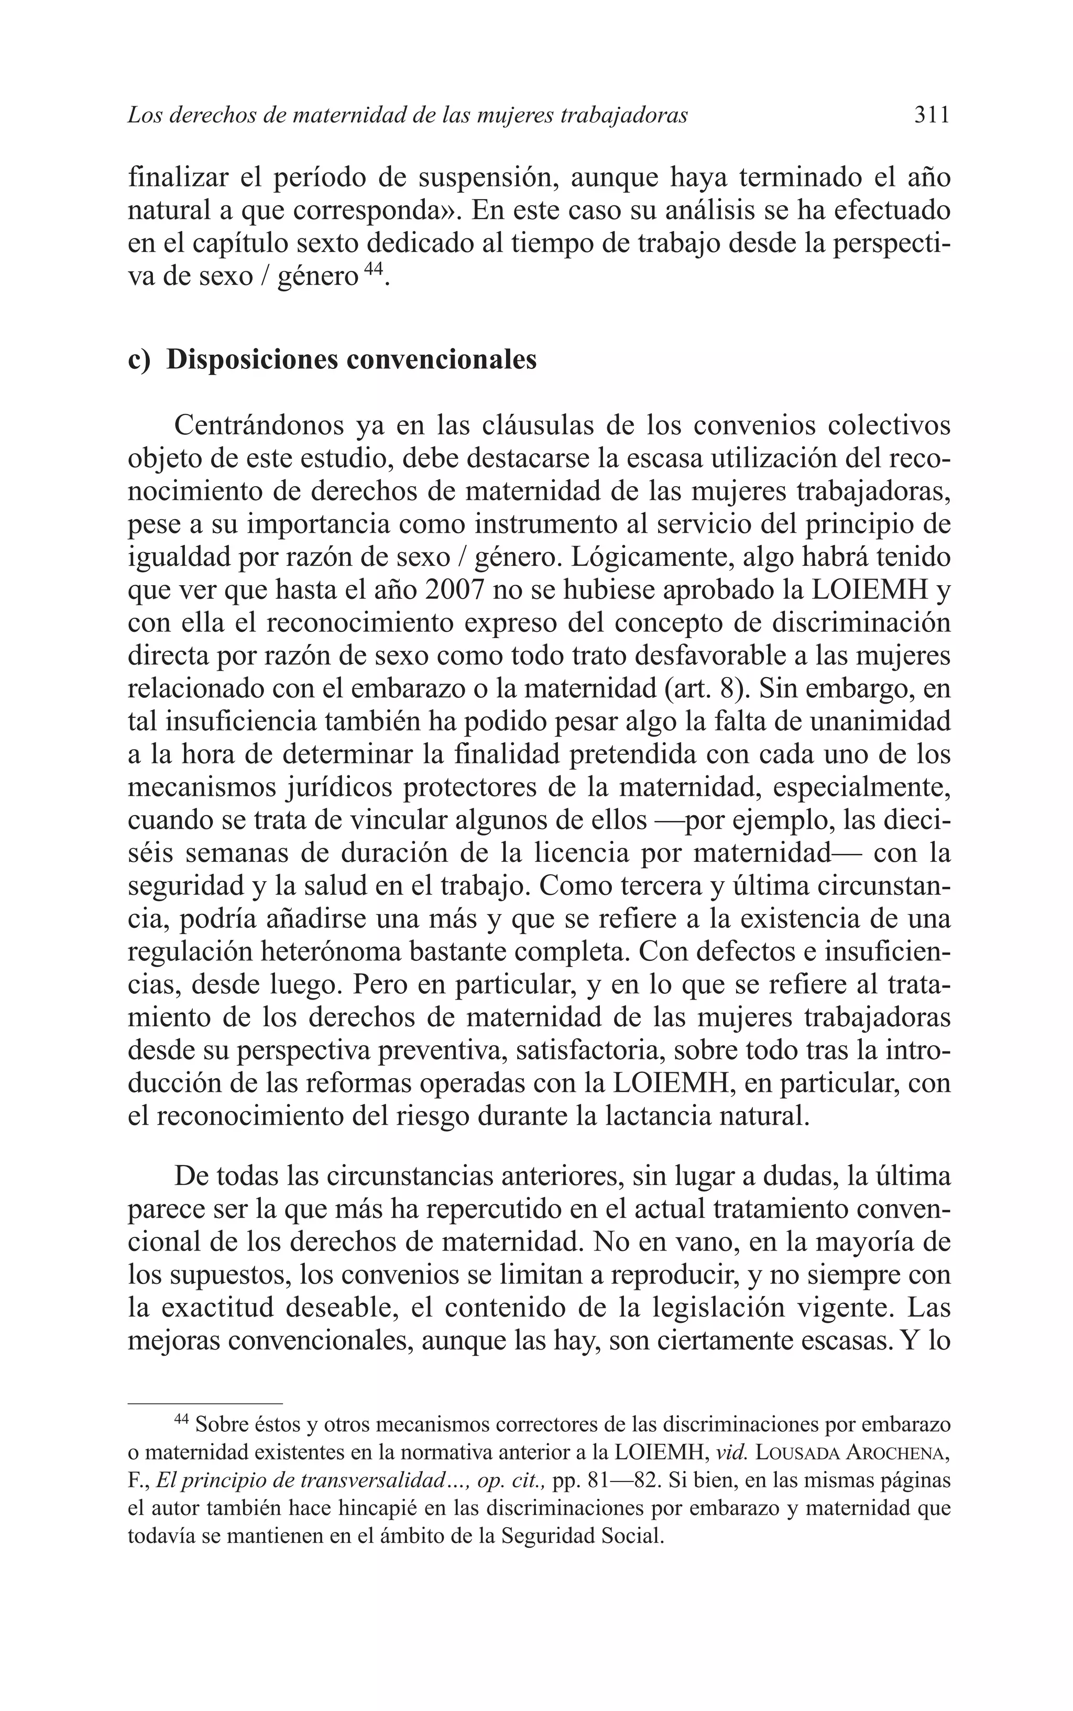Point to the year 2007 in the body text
coord(406,590)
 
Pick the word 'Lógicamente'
coord(651,557)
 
